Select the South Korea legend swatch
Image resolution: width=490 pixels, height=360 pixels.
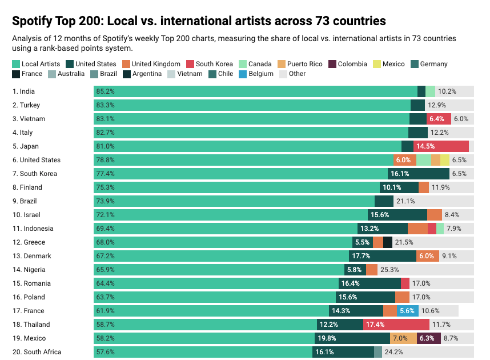tap(190, 64)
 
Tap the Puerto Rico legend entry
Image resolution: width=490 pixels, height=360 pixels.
tap(300, 64)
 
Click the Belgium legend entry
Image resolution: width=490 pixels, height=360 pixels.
tap(256, 74)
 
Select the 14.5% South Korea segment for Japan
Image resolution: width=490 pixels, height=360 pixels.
tap(441, 146)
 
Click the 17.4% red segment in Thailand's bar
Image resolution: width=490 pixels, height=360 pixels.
tap(396, 325)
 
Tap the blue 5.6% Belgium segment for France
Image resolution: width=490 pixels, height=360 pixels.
tap(408, 311)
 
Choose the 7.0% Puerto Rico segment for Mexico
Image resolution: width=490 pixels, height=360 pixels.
tap(403, 338)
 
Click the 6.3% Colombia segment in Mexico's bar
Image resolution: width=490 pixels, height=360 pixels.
tap(429, 338)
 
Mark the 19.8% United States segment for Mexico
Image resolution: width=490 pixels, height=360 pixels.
tap(354, 338)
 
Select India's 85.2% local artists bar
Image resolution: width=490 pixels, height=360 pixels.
tap(255, 91)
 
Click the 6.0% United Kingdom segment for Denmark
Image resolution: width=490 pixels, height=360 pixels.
tap(428, 256)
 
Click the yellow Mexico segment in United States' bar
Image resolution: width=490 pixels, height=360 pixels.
tap(445, 160)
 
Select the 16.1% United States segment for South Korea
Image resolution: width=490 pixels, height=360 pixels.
tap(419, 174)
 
